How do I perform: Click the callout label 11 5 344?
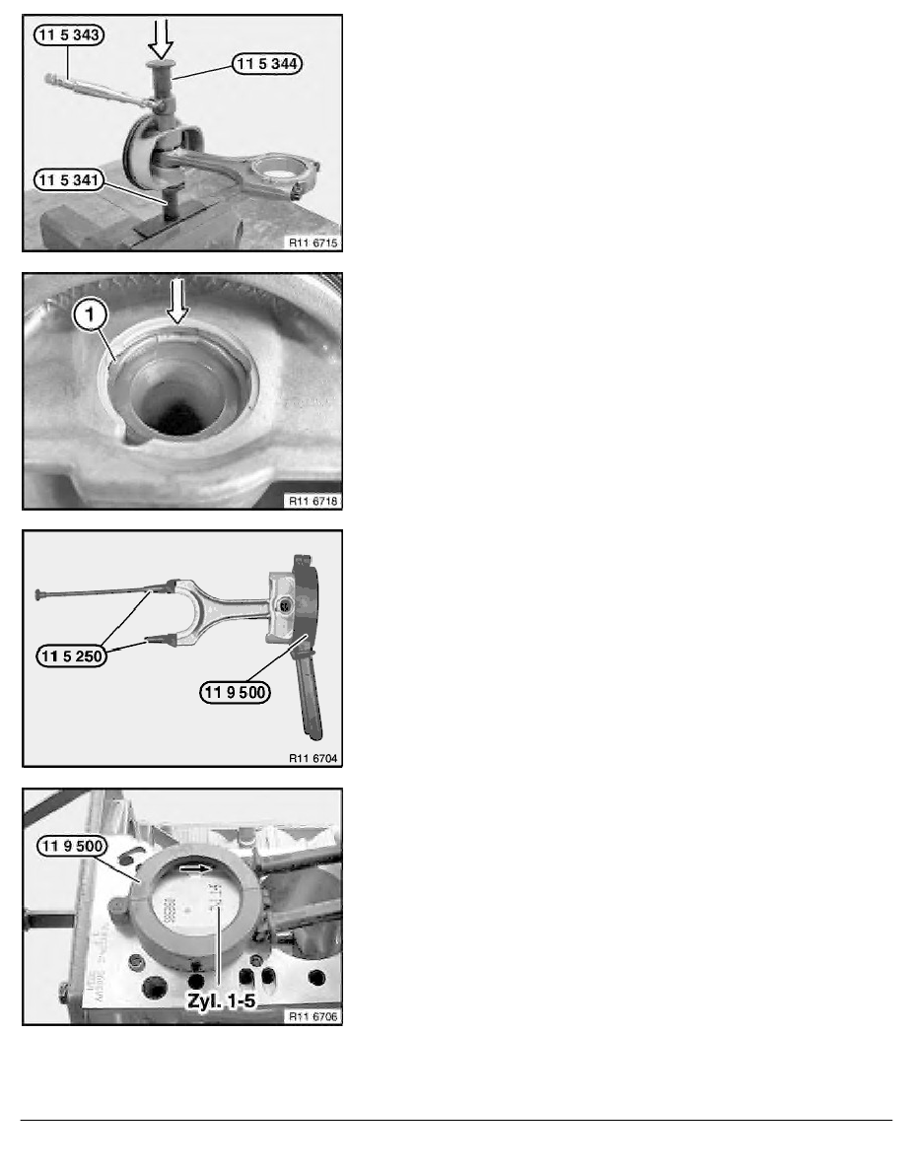pos(269,64)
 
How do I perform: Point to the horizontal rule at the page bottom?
pos(452,1120)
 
